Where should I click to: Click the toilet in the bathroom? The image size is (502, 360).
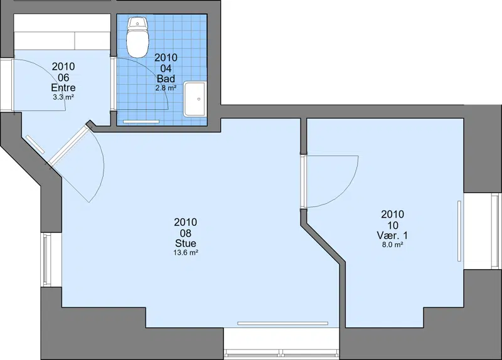pos(137,38)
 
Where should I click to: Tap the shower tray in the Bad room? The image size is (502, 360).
pos(195,99)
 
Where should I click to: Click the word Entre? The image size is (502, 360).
pos(63,88)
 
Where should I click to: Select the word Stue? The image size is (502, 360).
pos(186,243)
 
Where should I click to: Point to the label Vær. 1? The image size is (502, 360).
pos(393,236)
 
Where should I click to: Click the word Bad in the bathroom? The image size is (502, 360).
pos(166,79)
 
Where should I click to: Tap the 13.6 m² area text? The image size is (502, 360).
pos(186,253)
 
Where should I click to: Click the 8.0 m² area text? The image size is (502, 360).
pos(393,245)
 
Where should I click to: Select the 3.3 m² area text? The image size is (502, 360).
pos(63,97)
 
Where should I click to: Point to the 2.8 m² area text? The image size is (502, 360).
pos(166,88)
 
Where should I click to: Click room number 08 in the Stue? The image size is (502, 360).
pos(186,233)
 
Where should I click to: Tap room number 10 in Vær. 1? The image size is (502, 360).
pos(393,225)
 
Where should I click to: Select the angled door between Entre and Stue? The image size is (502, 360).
pos(69,146)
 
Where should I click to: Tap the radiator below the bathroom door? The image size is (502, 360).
pos(141,122)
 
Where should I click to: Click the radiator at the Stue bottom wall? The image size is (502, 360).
pos(283,323)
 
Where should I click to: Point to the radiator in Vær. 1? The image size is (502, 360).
pos(459,231)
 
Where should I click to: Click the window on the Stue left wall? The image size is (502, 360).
pos(47,260)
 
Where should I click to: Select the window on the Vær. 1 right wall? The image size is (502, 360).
pos(496,231)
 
